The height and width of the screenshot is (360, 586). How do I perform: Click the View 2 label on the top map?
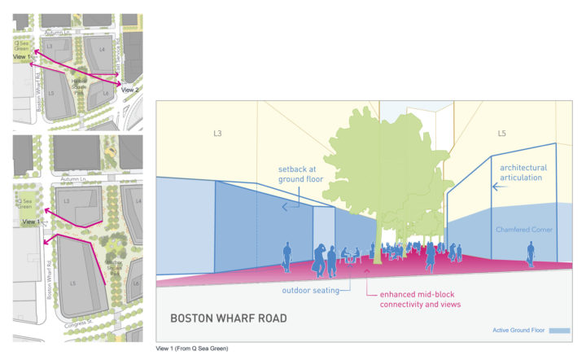coord(130,90)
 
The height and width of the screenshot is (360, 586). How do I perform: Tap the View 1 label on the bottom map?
coord(31,222)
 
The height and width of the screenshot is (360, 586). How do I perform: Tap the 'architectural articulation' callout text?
coord(523,173)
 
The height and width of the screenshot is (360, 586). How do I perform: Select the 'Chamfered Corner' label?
coord(524,230)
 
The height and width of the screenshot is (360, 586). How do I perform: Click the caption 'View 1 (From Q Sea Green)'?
coord(194,349)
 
